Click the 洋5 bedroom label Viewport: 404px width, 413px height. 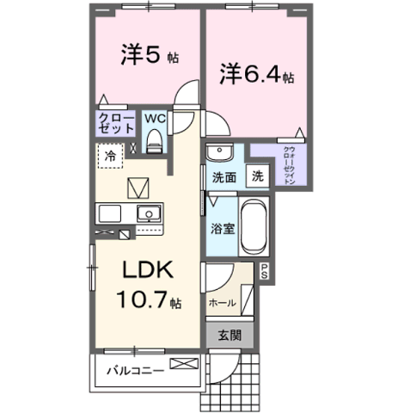click(140, 54)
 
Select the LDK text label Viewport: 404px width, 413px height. click(148, 269)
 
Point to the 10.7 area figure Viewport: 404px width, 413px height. click(141, 299)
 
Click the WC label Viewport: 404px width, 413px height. click(155, 119)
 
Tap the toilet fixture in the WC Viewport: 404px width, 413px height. click(155, 141)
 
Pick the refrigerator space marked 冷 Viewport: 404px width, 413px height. click(111, 156)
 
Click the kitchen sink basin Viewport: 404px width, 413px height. click(149, 213)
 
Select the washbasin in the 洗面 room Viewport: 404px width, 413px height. click(220, 152)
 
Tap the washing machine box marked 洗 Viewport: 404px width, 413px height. click(258, 176)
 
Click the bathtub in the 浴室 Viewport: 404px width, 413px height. click(254, 226)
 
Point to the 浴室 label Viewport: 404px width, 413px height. click(223, 229)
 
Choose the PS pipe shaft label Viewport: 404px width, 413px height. click(264, 271)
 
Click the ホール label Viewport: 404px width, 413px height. click(223, 303)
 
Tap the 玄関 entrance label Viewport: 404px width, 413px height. click(230, 335)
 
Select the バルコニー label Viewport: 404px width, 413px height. click(135, 371)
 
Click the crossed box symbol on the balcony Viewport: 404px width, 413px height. click(184, 364)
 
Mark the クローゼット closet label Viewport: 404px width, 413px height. click(116, 123)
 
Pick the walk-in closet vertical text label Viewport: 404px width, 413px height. click(289, 165)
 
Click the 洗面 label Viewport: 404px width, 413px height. click(224, 178)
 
